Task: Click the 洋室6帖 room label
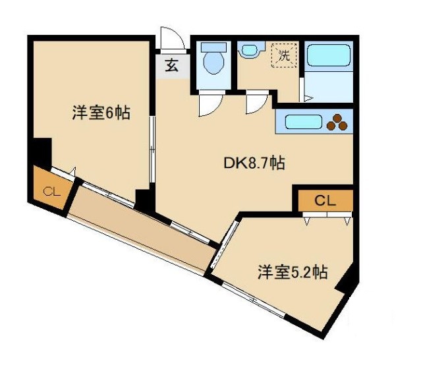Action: click(101, 113)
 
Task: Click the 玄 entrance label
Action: click(171, 66)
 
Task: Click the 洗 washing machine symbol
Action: click(285, 55)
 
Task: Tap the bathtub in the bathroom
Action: click(330, 55)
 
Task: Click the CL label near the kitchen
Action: click(325, 200)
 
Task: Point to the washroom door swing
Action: click(256, 104)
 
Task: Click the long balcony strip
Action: click(142, 231)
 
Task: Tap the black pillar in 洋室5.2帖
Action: click(346, 283)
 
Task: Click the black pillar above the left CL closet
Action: click(40, 152)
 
